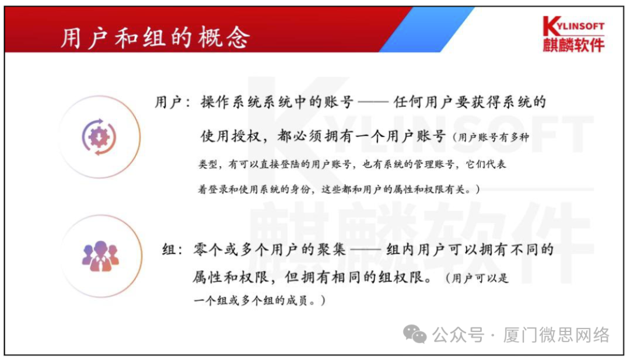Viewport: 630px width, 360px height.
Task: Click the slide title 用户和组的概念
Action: coord(155,37)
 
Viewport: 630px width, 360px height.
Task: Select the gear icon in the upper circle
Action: coord(100,137)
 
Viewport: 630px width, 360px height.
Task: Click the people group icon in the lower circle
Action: coord(100,255)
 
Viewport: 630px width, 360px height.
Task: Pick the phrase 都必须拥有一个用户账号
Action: coord(362,137)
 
